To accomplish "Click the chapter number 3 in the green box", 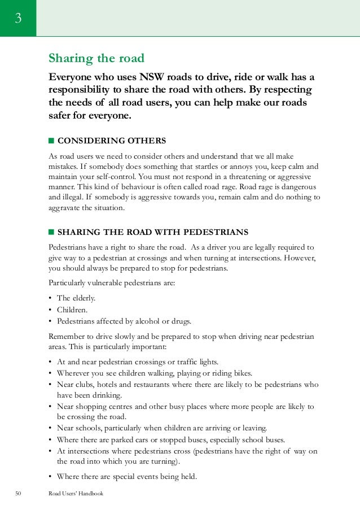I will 18,19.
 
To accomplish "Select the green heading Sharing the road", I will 96,58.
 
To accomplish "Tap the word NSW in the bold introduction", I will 155,77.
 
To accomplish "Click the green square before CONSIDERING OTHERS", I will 51,140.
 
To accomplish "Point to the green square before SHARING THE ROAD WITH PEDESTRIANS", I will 51,232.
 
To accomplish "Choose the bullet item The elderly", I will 76,298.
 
